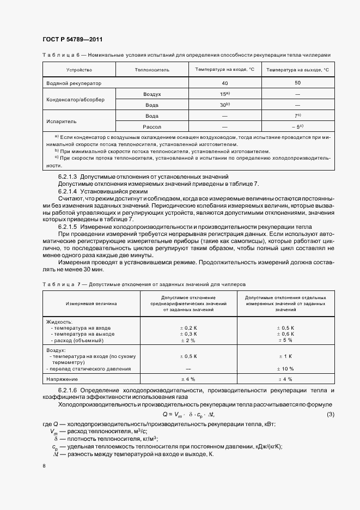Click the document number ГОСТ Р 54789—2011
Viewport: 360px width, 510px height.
click(x=72, y=39)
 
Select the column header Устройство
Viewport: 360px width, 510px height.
click(x=79, y=70)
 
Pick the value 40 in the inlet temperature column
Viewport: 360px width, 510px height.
click(x=224, y=83)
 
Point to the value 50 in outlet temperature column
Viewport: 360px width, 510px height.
click(x=297, y=83)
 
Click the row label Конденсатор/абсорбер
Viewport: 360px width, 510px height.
click(x=80, y=99)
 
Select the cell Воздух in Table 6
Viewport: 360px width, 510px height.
click(x=152, y=94)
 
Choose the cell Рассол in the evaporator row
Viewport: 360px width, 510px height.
click(x=152, y=126)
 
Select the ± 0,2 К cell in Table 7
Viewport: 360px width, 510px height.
click(x=188, y=328)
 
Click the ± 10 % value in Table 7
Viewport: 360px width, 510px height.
click(x=285, y=369)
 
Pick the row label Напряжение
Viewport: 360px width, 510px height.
click(x=62, y=379)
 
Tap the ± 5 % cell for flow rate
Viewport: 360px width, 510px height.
click(x=285, y=340)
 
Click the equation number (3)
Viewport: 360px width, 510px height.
click(x=330, y=416)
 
